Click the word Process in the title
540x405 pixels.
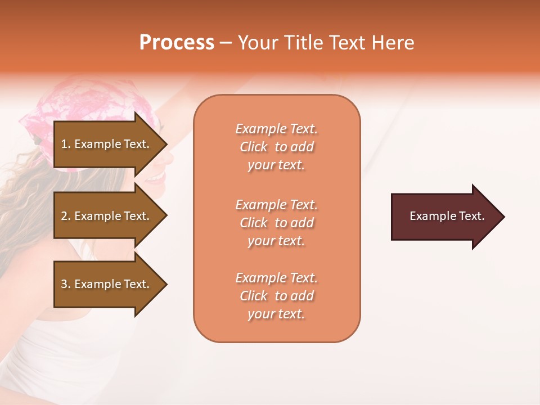click(x=177, y=43)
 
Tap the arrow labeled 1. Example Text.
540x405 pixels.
click(x=107, y=144)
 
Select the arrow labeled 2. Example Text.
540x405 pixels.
click(x=107, y=216)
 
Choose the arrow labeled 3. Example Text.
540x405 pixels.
click(x=107, y=284)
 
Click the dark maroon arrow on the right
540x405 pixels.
click(x=444, y=217)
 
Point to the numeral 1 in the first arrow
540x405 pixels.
click(x=64, y=144)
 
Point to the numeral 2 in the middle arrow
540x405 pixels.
click(x=64, y=216)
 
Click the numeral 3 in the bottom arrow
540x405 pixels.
click(x=64, y=284)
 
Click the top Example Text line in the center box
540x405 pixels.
click(x=276, y=129)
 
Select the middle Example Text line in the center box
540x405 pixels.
click(x=276, y=205)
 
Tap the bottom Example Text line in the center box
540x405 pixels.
click(x=276, y=278)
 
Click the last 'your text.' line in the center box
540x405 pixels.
click(x=276, y=314)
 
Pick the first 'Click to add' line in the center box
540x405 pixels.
click(x=276, y=147)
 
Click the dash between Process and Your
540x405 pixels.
click(x=226, y=43)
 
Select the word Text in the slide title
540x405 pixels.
click(x=347, y=43)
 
